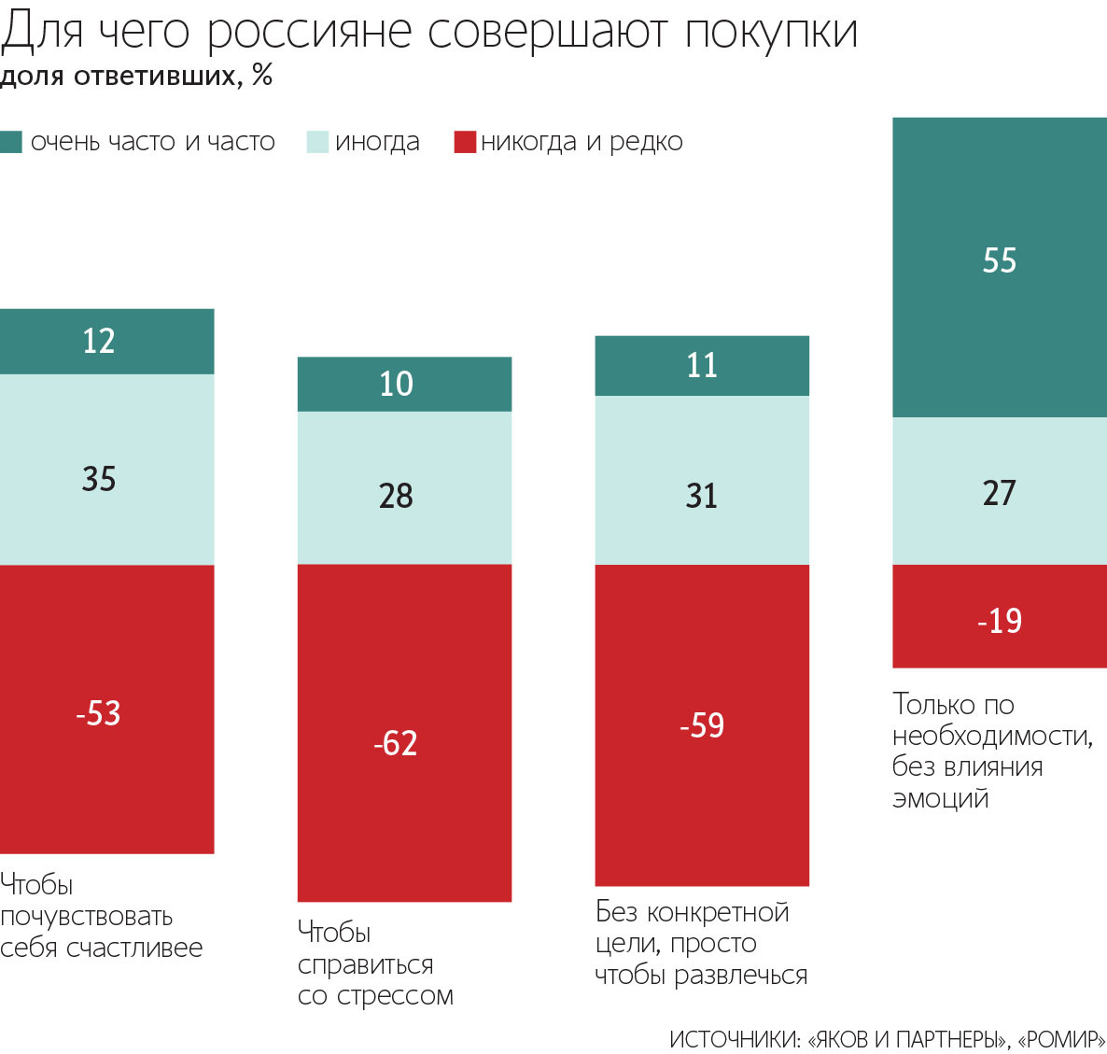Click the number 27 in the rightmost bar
coord(999,492)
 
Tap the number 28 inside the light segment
coord(396,495)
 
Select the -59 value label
coord(702,725)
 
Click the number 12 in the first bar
coord(98,341)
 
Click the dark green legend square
coord(11,142)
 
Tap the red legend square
coord(465,142)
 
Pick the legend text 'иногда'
coord(377,142)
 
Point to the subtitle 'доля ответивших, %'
coord(136,76)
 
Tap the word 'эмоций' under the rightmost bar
coord(940,798)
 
